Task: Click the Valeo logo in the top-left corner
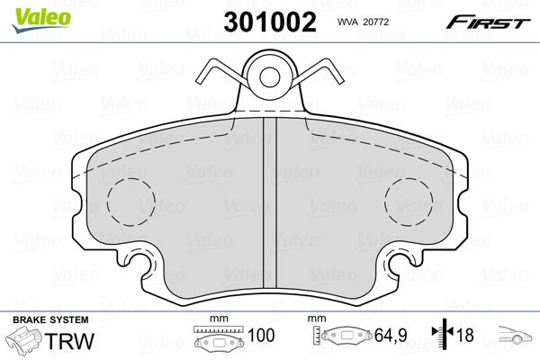click(x=32, y=13)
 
